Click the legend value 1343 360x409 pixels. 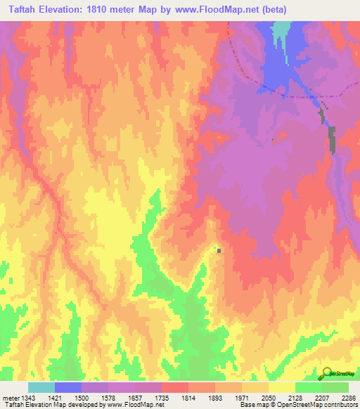point(22,397)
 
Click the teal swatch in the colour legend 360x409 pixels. point(41,387)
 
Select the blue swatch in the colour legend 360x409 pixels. point(68,387)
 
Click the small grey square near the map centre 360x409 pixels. point(219,250)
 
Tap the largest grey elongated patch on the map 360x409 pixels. point(332,139)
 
